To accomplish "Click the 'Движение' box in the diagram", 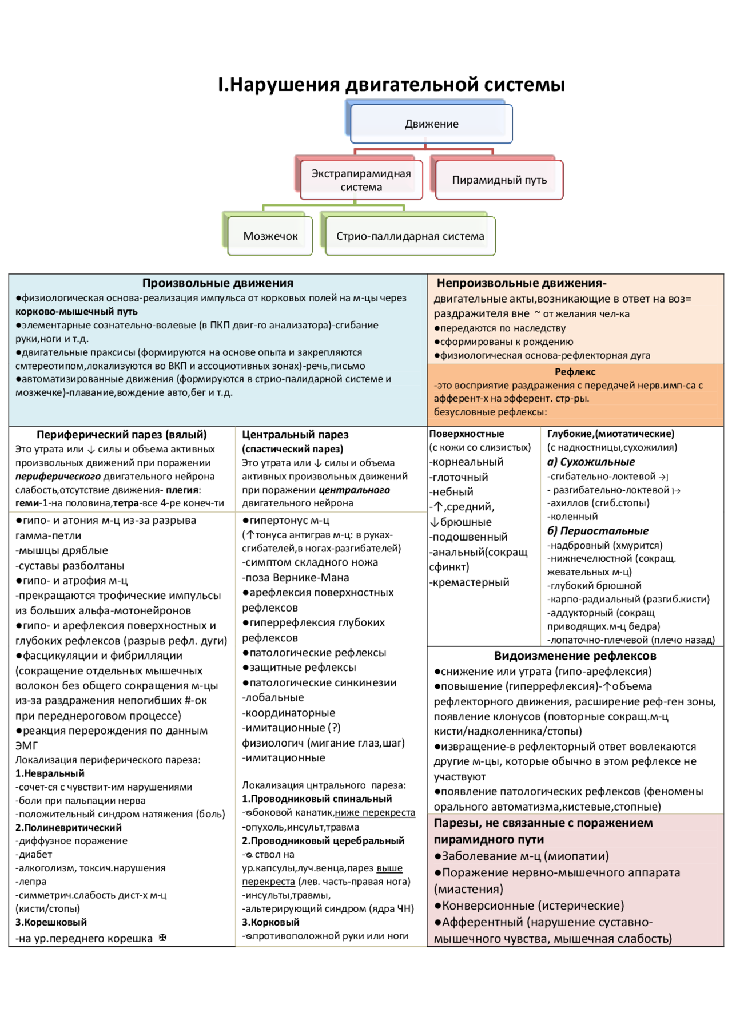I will point(431,124).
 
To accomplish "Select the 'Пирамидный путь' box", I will point(499,180).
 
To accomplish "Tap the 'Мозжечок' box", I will point(270,236).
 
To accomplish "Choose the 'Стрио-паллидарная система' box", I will point(410,236).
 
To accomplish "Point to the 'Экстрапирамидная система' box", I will point(361,180).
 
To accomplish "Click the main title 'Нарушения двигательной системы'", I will point(392,85).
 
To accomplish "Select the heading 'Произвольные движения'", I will point(217,283).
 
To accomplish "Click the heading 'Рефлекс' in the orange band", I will point(575,372).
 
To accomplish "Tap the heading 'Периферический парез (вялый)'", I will point(121,435).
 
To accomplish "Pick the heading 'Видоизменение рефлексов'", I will point(575,656).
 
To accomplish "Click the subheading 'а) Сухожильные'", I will point(591,462).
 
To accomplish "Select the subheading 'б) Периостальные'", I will point(598,531).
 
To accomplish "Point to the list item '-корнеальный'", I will point(466,462).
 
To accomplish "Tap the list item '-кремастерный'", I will point(469,582).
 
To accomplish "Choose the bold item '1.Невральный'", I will point(50,773).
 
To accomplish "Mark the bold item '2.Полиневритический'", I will point(68,828).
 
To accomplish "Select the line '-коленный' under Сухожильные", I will point(572,517).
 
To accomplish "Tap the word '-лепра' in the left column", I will point(31,882).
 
